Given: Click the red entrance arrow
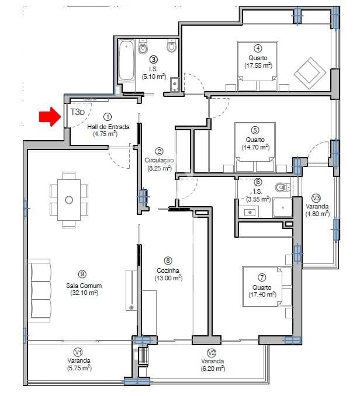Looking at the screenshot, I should point(49,117).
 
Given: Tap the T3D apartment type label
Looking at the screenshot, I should point(77,112).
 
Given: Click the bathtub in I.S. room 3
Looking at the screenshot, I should point(126,61).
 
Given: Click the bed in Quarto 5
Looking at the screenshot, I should point(255,147).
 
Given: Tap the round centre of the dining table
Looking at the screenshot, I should point(69,200).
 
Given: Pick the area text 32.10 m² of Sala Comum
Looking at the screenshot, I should point(82,293).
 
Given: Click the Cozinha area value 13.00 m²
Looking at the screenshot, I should point(168,278).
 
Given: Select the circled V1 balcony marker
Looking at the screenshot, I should point(77,352).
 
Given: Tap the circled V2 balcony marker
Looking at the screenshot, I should point(212,352).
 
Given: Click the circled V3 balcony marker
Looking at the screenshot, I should point(316,197).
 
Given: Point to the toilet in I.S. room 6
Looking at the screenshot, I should point(281,187).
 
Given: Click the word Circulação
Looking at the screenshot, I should point(159,160).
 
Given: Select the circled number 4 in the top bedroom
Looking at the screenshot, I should point(258,48).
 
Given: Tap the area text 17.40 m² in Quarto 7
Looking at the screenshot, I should point(258,294).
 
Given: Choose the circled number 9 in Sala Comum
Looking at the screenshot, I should point(82,273).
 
